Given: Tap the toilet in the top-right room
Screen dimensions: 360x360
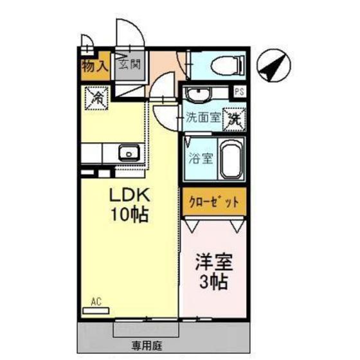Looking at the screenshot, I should tap(222, 65).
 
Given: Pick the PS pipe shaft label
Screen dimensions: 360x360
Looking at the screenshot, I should tap(239, 91).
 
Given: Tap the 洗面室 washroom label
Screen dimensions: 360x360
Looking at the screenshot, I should tap(203, 118).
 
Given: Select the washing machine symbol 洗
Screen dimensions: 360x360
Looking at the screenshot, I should tap(235, 118).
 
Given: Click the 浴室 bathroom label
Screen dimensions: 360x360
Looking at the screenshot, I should tap(197, 158).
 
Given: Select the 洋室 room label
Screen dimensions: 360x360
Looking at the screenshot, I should tap(213, 263).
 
